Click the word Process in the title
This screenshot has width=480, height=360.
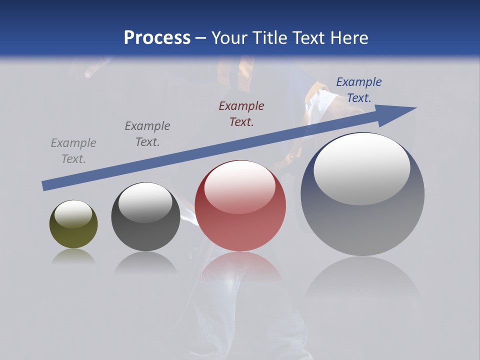(157, 38)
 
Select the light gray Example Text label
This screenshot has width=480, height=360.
(73, 151)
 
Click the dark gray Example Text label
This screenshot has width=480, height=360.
(147, 134)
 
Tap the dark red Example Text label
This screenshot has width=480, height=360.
(241, 114)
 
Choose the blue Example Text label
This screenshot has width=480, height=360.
(359, 90)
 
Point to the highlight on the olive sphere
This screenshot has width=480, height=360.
(73, 213)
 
